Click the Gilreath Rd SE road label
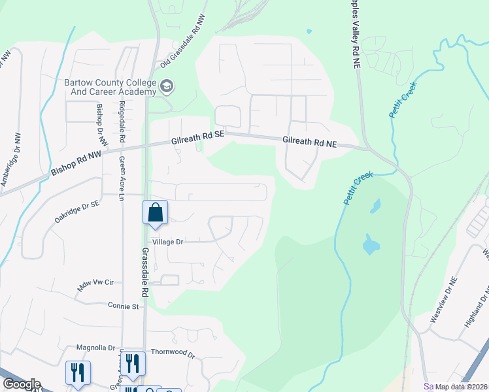[x=197, y=135]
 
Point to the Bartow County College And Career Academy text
[x=110, y=87]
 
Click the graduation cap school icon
[x=167, y=86]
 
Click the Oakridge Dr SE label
[x=77, y=212]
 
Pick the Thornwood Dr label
[x=173, y=353]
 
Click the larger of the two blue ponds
[x=370, y=245]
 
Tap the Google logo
[x=22, y=384]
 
